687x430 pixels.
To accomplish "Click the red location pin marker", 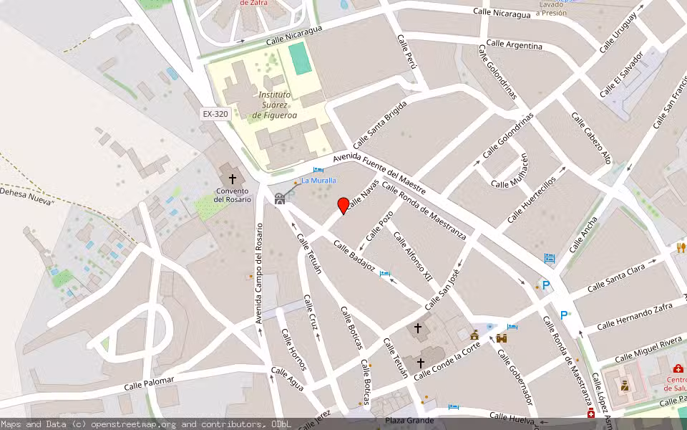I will [343, 205].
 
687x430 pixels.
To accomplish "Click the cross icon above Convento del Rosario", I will [232, 178].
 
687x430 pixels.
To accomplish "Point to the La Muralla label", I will [318, 181].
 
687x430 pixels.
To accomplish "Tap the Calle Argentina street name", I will [514, 45].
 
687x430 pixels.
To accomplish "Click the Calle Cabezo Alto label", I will [592, 138].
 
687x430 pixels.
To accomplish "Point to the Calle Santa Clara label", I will [616, 278].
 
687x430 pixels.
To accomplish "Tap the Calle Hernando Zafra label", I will [635, 316].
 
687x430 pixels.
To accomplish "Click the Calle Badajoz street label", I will [354, 256].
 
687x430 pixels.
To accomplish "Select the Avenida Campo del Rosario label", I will [259, 272].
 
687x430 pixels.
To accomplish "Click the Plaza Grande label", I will [410, 420].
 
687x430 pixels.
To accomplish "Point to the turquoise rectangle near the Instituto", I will [301, 58].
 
